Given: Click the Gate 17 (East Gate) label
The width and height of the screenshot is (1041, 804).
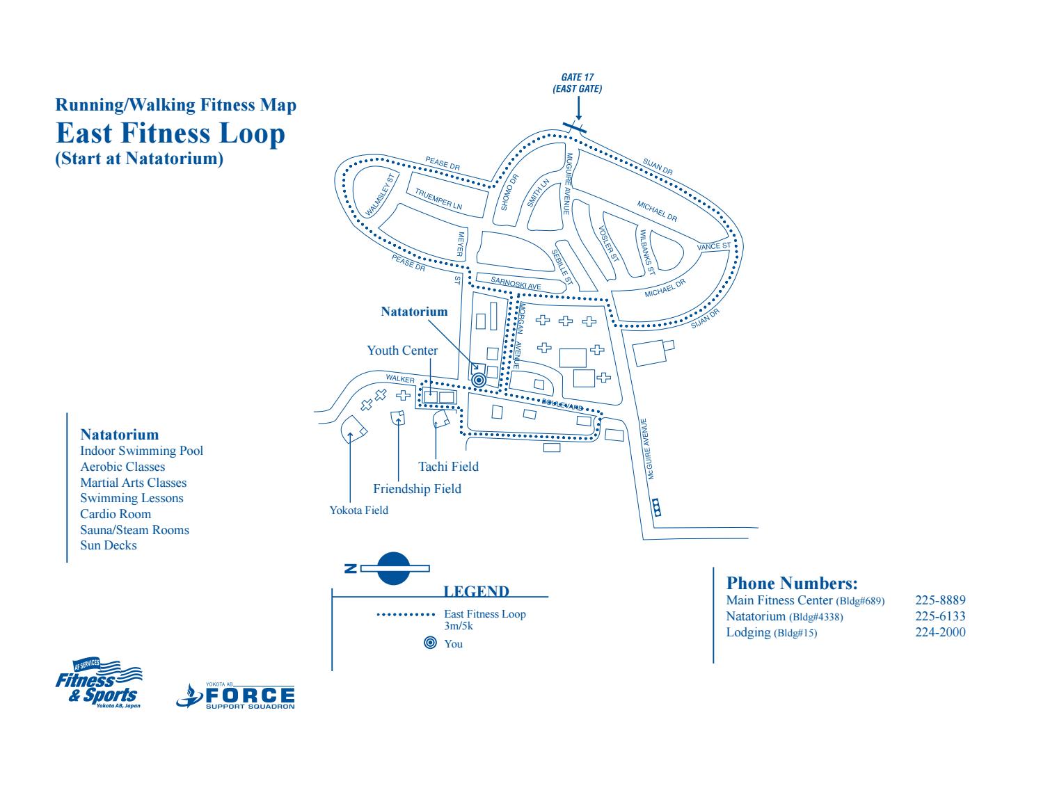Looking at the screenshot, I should [577, 83].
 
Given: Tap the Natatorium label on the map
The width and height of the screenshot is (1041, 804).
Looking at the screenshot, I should [414, 312].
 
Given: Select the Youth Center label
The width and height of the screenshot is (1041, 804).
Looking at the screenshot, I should [402, 351].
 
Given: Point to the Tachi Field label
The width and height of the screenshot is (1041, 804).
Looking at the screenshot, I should [448, 466].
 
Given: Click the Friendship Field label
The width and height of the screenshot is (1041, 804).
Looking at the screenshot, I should [417, 489].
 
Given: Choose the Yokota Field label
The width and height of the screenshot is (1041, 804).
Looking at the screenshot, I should [358, 510].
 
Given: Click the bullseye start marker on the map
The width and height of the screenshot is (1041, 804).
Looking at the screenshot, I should [478, 380].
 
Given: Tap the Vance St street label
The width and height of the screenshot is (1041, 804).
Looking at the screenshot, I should [714, 246].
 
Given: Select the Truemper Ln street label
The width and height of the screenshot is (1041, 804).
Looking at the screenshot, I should [438, 200].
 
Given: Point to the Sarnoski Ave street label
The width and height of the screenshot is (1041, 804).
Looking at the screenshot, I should [516, 283].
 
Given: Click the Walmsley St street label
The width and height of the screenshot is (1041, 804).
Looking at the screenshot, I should [381, 195].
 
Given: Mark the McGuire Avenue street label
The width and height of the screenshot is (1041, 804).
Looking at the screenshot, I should [647, 449].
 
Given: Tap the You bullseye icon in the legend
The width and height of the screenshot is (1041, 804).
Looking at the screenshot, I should [430, 643].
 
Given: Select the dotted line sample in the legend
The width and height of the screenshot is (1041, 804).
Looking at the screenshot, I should [406, 615].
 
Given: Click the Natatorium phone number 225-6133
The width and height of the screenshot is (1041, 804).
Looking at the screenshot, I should [939, 616].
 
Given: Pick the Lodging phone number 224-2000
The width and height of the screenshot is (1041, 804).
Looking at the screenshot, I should [939, 632].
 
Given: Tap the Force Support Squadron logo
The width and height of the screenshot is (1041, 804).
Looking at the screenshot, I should [236, 696].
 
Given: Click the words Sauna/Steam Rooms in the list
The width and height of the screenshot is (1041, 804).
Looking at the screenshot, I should [134, 530].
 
